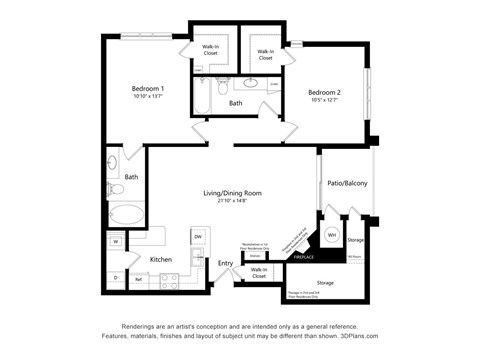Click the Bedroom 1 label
[x=147, y=89]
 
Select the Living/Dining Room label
[x=224, y=193]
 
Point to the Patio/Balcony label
[x=347, y=184]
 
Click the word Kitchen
[x=161, y=259]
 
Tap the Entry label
[x=226, y=263]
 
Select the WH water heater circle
[x=332, y=234]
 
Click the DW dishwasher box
[x=198, y=237]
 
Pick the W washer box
[x=115, y=242]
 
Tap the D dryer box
[x=115, y=277]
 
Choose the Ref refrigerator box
[x=138, y=279]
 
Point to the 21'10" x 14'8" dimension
[x=224, y=202]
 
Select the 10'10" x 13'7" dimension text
[x=147, y=98]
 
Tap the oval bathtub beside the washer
[x=127, y=213]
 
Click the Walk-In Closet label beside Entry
[x=258, y=272]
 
